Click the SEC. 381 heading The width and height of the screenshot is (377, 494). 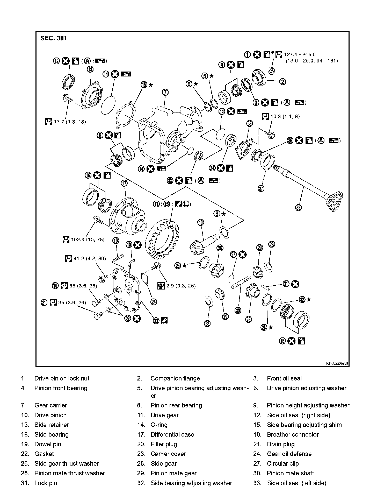tap(54, 38)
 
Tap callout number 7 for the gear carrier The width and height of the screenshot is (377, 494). tap(165, 93)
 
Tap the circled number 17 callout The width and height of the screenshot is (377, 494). tap(124, 183)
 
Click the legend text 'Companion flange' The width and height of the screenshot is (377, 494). tap(175, 378)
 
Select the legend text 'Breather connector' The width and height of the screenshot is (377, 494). tap(293, 434)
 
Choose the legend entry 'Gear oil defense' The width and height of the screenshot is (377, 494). tap(289, 454)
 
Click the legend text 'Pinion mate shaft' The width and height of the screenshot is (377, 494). tap(290, 473)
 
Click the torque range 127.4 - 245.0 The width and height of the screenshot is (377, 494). tap(300, 55)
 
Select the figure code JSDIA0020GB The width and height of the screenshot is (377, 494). tap(336, 364)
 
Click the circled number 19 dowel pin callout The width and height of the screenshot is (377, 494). tap(115, 241)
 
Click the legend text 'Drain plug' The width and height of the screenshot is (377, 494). tap(281, 444)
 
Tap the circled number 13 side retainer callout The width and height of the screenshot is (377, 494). tap(90, 69)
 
